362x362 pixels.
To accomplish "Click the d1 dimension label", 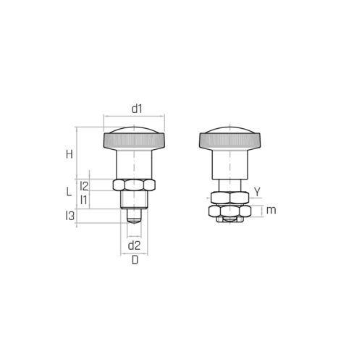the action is pyautogui.click(x=137, y=109).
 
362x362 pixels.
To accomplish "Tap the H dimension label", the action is pyautogui.click(x=70, y=154).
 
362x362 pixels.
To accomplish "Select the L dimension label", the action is pyautogui.click(x=69, y=192).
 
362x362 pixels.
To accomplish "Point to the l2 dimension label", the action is pyautogui.click(x=84, y=186).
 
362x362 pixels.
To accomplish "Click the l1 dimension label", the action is pyautogui.click(x=83, y=200).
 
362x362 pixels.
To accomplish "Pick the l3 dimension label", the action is pyautogui.click(x=70, y=216).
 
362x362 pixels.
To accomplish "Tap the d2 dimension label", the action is pyautogui.click(x=134, y=245).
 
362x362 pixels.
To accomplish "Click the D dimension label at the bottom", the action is pyautogui.click(x=135, y=260).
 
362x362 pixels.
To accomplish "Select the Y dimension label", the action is pyautogui.click(x=258, y=192).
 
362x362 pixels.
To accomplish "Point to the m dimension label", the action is pyautogui.click(x=271, y=210).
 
